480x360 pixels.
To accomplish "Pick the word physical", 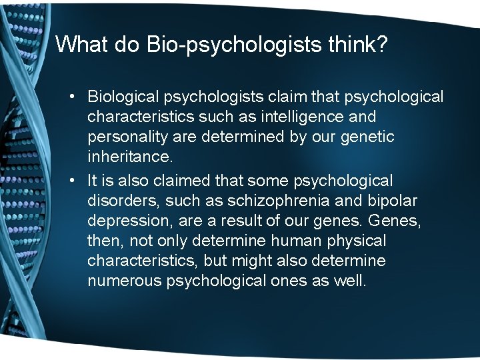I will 359,240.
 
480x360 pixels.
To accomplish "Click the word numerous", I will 123,281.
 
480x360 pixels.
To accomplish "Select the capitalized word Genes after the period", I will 396,221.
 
